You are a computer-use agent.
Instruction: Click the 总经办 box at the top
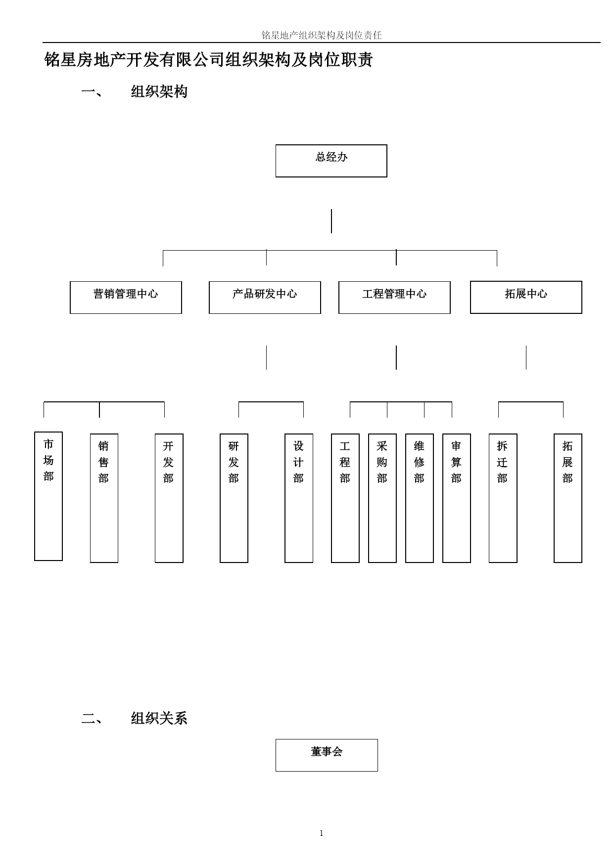pos(331,161)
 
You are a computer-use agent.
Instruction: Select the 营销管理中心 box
pos(126,298)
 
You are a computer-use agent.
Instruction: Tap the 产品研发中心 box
pos(265,298)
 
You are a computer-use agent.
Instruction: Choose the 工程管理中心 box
pos(394,298)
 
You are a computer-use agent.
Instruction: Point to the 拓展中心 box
pos(526,297)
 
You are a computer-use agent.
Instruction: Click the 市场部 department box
pos(48,496)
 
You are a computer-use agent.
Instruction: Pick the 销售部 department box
pos(104,498)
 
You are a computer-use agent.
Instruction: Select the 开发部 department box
pos(169,498)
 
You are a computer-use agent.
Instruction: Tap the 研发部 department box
pos(234,498)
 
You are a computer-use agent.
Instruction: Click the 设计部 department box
pos(299,498)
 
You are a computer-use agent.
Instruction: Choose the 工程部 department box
pos(345,498)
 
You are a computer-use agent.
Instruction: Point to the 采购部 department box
pos(382,498)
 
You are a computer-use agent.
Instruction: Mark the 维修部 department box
pos(420,498)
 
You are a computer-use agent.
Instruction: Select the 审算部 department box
pos(457,498)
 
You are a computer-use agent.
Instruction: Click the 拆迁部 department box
pos(503,498)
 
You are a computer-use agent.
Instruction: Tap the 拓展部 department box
pos(568,498)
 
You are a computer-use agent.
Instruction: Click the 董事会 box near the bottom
pos(327,755)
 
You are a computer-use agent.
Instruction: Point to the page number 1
pos(322,833)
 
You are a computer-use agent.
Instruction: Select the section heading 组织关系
pos(159,718)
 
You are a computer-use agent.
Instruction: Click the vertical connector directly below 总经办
pos(331,221)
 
